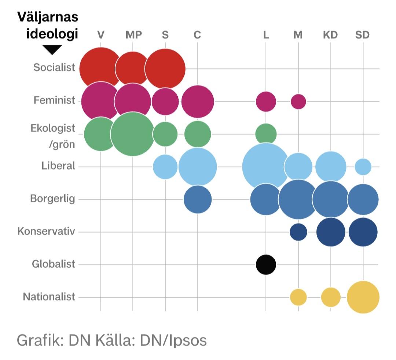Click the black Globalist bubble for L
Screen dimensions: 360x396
point(266,264)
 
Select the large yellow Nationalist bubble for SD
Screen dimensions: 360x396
point(363,297)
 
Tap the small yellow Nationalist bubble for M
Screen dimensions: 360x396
point(298,297)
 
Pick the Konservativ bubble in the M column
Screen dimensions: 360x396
point(298,232)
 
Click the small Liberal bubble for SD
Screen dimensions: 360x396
point(363,167)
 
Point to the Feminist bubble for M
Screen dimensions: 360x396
point(298,101)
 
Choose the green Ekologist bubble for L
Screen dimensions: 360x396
point(266,133)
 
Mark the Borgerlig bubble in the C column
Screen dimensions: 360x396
point(198,200)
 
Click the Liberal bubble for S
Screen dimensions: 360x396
point(165,167)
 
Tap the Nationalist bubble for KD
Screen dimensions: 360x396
point(331,297)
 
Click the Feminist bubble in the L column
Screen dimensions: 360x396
point(266,101)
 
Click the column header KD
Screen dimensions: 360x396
point(330,35)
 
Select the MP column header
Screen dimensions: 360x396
point(133,35)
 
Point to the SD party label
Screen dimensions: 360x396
point(363,35)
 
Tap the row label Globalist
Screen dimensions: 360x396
point(54,264)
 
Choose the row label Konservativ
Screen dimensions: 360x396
point(46,232)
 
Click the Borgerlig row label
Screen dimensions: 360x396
point(52,199)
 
